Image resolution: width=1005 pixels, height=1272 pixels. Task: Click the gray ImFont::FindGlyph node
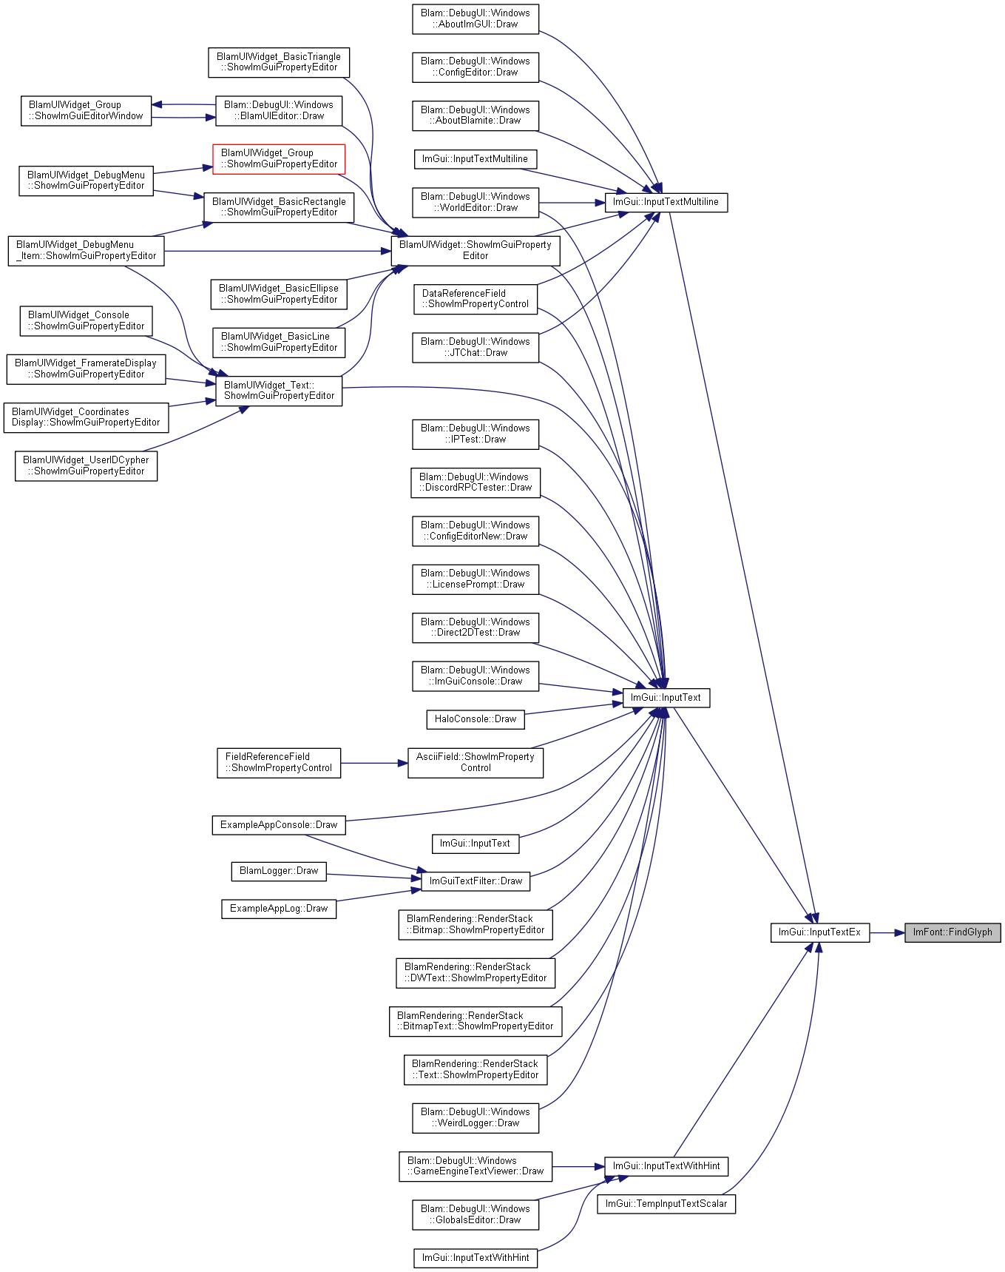coord(952,932)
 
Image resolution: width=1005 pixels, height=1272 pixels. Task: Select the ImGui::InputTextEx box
coord(819,932)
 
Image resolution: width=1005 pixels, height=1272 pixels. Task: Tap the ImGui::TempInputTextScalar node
coord(666,1204)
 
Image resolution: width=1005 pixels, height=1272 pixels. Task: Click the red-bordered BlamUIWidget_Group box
coord(279,159)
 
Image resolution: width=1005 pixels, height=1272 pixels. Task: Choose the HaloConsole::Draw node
coord(476,719)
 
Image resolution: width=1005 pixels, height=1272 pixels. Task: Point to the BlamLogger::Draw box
coord(279,871)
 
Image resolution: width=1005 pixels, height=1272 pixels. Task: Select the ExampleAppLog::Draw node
coord(279,909)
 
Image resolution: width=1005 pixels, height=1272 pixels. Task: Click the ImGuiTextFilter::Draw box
coord(476,881)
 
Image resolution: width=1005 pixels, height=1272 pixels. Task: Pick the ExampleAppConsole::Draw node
coord(279,825)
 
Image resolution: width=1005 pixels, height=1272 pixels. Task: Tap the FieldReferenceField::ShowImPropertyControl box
coord(279,763)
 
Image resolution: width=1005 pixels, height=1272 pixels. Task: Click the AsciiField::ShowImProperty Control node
coord(476,763)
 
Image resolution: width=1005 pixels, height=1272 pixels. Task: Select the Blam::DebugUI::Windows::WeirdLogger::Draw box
coord(476,1118)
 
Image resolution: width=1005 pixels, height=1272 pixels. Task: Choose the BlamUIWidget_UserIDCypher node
coord(86,466)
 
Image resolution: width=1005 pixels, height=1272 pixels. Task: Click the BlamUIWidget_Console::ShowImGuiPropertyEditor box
coord(86,321)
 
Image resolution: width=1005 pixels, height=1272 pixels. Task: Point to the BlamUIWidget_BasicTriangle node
coord(279,62)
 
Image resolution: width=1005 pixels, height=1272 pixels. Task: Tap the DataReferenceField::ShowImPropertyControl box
coord(476,299)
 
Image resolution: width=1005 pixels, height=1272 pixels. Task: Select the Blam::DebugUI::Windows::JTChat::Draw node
coord(476,348)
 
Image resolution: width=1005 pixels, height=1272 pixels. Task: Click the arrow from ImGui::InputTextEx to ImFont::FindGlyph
coord(887,932)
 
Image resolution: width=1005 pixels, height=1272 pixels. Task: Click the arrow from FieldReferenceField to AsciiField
coord(374,763)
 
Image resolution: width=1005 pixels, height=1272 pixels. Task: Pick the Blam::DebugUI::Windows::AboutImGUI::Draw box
coord(476,18)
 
